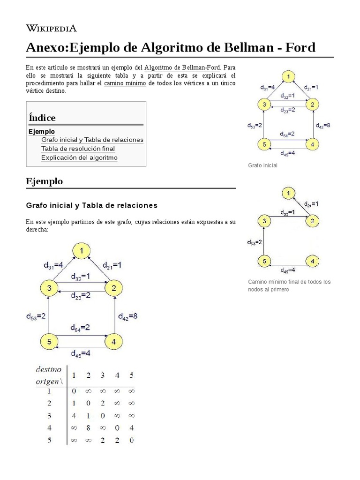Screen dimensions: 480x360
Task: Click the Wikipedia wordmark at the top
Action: coord(51,28)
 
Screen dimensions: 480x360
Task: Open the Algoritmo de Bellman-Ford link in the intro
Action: coord(186,67)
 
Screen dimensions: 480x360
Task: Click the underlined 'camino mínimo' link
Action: coord(125,83)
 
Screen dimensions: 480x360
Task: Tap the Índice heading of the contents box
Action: coord(42,118)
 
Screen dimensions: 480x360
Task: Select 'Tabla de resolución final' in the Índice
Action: coord(78,149)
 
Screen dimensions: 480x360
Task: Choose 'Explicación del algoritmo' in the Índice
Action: coord(79,157)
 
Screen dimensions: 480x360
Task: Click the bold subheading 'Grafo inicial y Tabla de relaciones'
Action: coord(92,205)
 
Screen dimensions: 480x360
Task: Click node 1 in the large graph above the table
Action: coord(81,252)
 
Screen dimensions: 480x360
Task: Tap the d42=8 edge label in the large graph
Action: coord(127,316)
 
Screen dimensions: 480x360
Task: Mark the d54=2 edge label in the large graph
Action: coord(81,328)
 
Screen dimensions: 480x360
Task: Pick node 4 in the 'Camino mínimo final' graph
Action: coord(313,261)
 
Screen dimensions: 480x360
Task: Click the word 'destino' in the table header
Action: coord(48,369)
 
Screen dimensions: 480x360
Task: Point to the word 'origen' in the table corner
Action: coord(47,381)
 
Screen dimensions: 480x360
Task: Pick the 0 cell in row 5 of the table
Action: coord(131,440)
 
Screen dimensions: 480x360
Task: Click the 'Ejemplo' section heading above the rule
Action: coord(45,181)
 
